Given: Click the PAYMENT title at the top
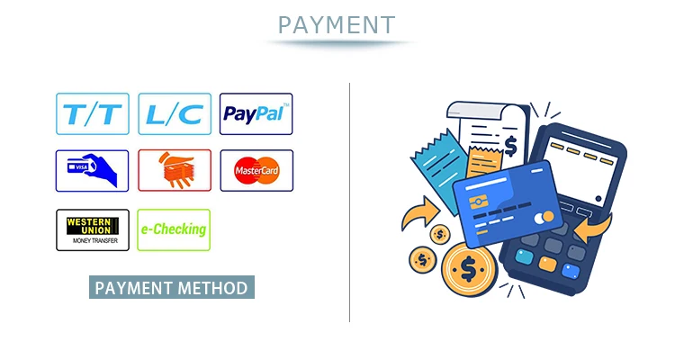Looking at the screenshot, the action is pos(337,24).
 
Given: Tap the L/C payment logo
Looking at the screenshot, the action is pos(175,114).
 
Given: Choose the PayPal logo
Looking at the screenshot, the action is pos(256,114).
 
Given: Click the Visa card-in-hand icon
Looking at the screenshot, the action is pos(93,170).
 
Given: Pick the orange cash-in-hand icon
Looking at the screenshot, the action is pos(175,170).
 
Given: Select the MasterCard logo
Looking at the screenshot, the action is pos(256,170).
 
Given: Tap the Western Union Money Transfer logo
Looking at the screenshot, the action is pos(93,229).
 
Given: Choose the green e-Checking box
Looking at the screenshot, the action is pos(174,229).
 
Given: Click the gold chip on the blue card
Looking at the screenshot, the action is pos(479,198).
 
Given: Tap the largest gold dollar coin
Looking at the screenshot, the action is pos(469,267).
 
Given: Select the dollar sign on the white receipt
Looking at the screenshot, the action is pos(510,143).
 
